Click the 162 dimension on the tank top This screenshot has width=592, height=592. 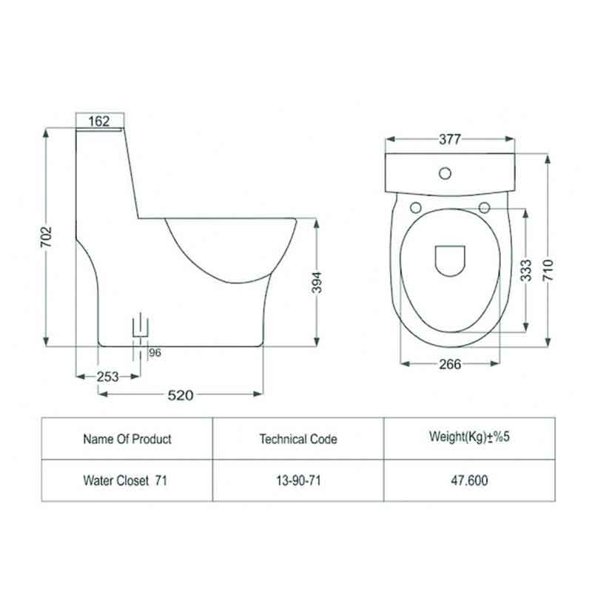(x=99, y=121)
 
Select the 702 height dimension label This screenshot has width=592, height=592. (x=46, y=237)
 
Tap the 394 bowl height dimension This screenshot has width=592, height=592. (x=317, y=283)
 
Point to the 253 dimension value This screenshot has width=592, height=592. (x=107, y=377)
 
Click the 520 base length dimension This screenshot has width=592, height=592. (x=181, y=395)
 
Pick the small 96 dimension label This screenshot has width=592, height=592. (x=155, y=353)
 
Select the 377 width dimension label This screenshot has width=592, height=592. (x=450, y=139)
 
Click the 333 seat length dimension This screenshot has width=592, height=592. (x=525, y=270)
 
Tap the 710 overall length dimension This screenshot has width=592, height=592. (x=548, y=270)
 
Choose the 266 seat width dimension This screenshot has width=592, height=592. (x=450, y=364)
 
